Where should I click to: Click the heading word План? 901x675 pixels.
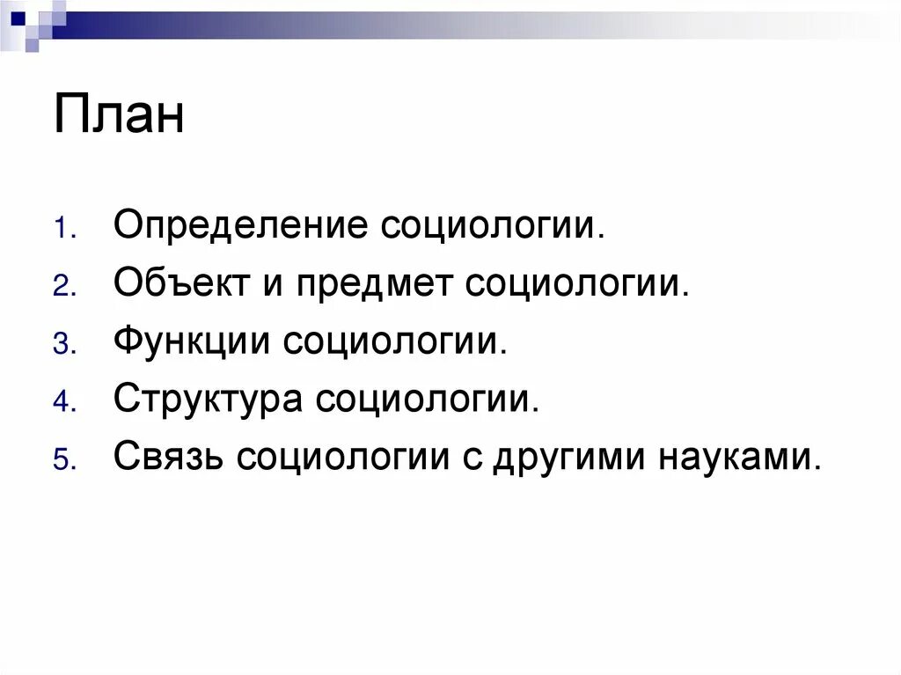coord(119,116)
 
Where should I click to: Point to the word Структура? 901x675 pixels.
coord(208,400)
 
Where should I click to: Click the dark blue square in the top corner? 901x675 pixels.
coord(18,16)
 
